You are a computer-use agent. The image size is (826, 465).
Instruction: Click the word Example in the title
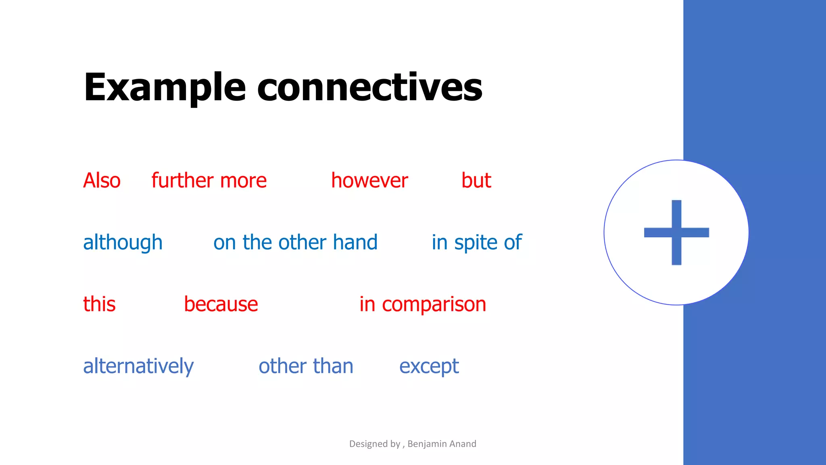click(165, 88)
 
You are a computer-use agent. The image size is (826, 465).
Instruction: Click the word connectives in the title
click(369, 88)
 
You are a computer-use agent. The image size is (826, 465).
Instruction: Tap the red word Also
click(102, 180)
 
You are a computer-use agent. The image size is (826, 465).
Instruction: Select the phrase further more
click(209, 180)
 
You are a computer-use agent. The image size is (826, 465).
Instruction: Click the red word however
click(369, 180)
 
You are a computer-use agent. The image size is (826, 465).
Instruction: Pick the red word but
click(476, 180)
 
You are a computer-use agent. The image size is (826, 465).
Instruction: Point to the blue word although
click(123, 243)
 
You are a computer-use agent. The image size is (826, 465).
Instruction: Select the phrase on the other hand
click(295, 243)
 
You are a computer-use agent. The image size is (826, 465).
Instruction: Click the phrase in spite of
click(477, 243)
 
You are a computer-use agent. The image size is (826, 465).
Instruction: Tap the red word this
click(99, 304)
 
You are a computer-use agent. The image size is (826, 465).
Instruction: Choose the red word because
click(221, 304)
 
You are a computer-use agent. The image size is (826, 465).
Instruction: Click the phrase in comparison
click(423, 304)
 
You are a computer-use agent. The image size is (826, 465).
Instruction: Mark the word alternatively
click(138, 366)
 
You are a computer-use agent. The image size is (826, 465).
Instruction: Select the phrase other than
click(306, 366)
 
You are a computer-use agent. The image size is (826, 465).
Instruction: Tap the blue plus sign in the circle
click(676, 232)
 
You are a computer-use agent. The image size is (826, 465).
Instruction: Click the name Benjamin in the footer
click(427, 444)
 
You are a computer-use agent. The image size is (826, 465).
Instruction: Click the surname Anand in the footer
click(463, 444)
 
